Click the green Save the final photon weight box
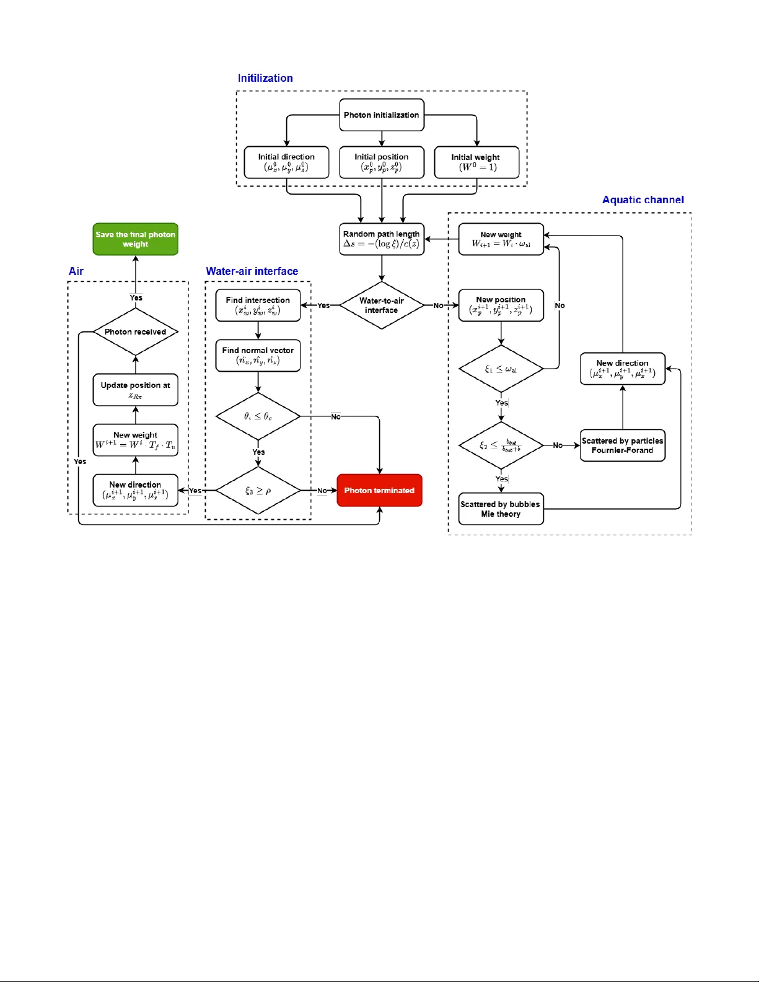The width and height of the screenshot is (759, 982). [x=135, y=239]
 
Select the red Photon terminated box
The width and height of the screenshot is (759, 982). [x=379, y=490]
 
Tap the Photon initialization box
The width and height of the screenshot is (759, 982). [x=381, y=115]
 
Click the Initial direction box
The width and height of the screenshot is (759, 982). [x=286, y=162]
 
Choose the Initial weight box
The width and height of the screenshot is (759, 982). [x=476, y=162]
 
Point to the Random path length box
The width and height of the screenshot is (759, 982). [x=381, y=239]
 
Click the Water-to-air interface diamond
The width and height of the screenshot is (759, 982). [x=381, y=305]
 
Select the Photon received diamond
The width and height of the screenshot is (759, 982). [x=135, y=332]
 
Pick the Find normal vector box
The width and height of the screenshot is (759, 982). [x=258, y=355]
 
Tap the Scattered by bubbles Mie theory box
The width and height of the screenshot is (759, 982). [x=501, y=509]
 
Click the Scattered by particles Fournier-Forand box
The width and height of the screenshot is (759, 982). [x=622, y=445]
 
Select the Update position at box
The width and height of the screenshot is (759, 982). [x=135, y=390]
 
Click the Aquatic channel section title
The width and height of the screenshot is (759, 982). [x=643, y=199]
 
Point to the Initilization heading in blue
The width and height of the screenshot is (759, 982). [x=265, y=78]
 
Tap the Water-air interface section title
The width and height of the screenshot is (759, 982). [x=252, y=271]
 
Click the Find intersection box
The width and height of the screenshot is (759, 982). [x=258, y=305]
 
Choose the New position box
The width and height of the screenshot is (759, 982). [x=501, y=305]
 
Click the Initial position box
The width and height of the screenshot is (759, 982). [x=381, y=162]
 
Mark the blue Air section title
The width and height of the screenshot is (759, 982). [x=76, y=271]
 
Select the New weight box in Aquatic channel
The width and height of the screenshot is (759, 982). [x=501, y=239]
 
